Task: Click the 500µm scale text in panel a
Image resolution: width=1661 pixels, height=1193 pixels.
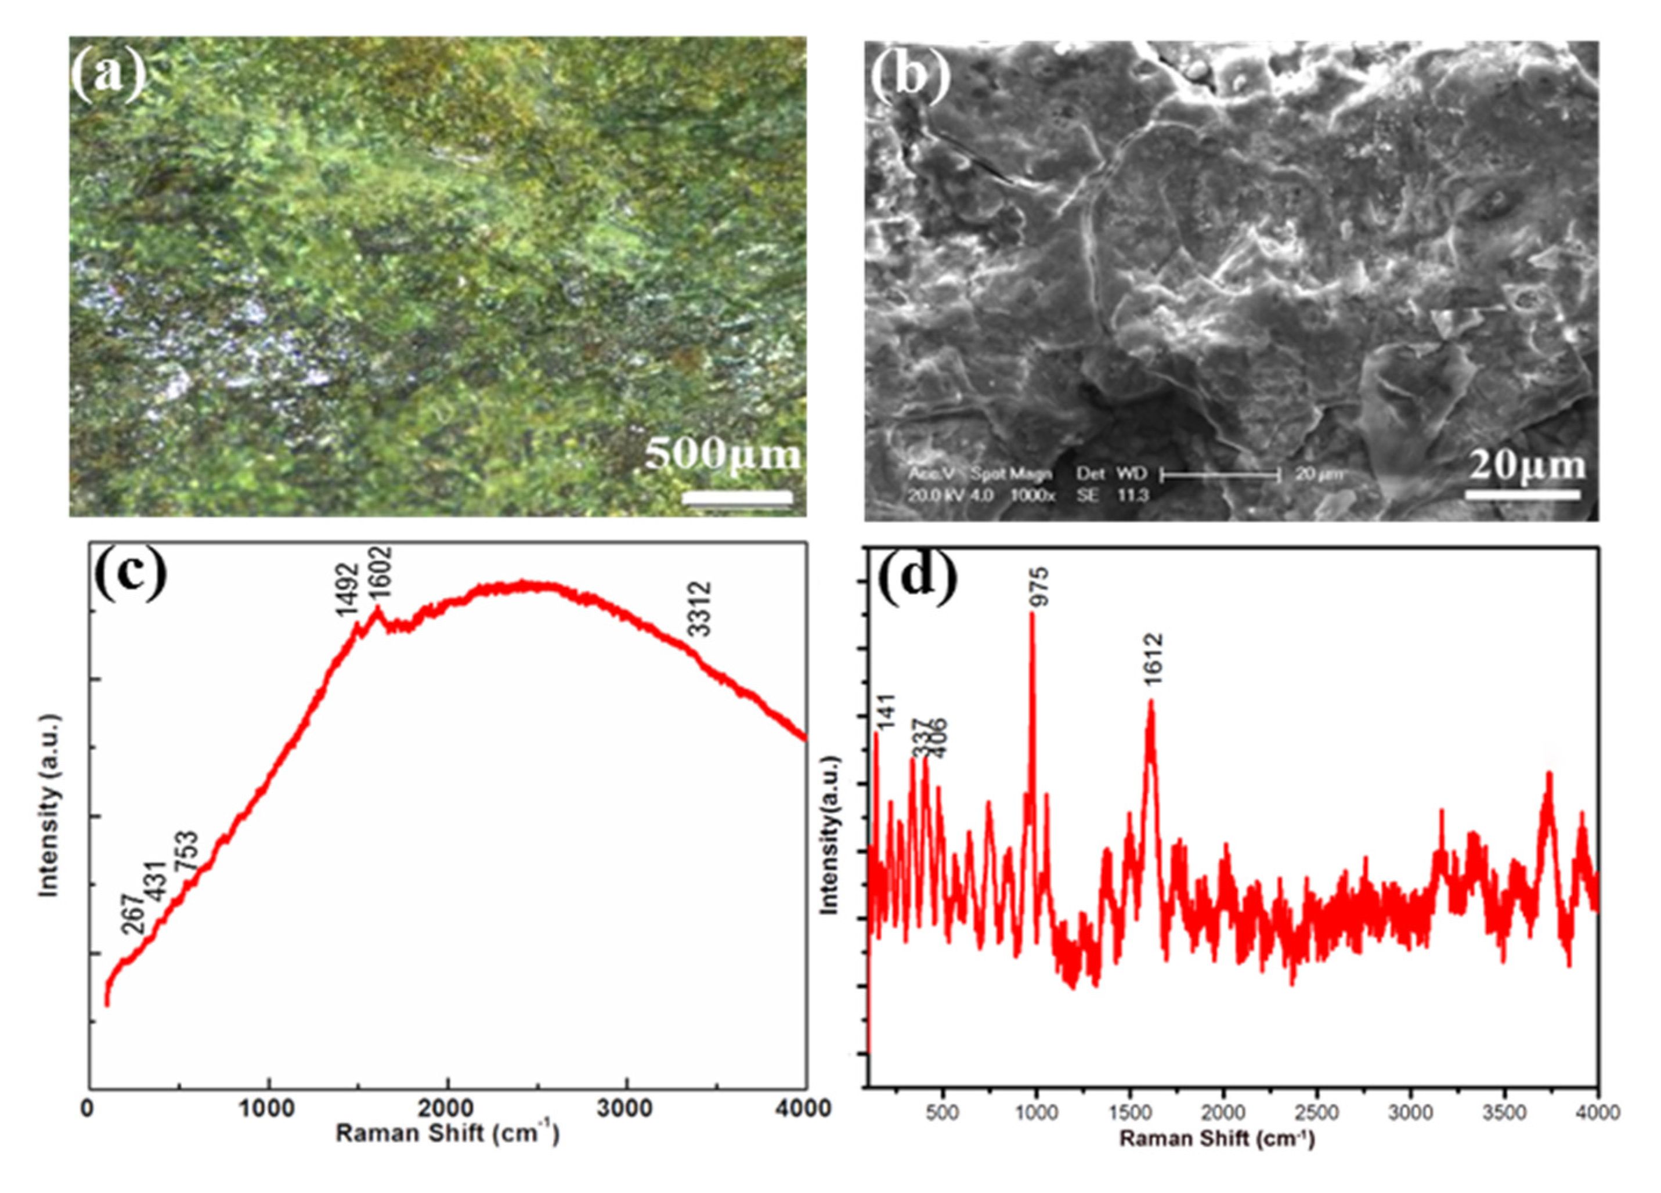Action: coord(723,454)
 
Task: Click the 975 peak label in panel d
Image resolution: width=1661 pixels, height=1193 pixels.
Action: coord(1038,588)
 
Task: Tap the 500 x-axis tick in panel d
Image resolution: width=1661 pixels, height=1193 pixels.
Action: coord(943,1113)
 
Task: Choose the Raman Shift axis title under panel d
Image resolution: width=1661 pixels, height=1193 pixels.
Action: coord(1216,1140)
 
